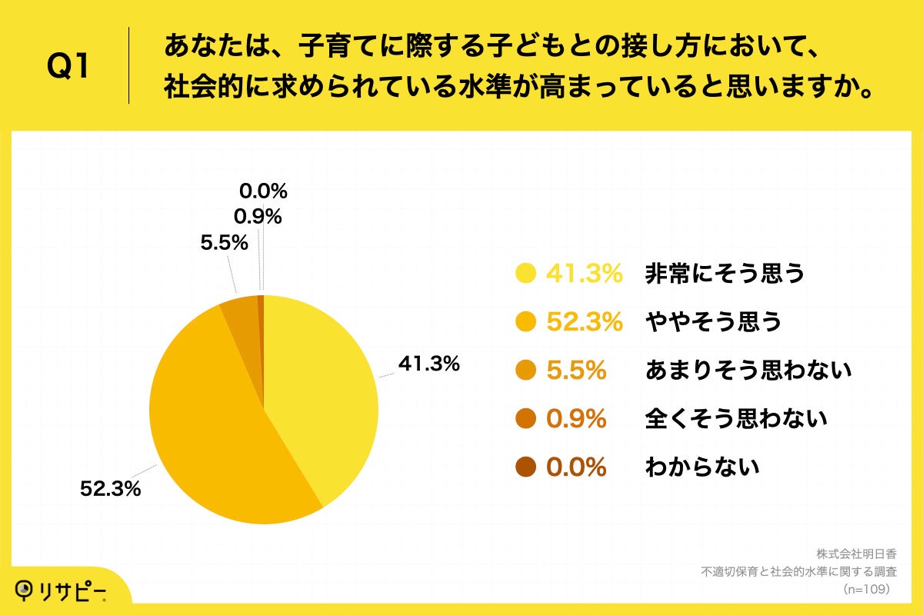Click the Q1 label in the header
[x=68, y=67]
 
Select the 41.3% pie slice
[x=323, y=392]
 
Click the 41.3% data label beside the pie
[x=428, y=364]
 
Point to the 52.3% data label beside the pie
[x=111, y=488]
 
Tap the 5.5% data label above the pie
[x=224, y=244]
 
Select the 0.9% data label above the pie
[x=258, y=217]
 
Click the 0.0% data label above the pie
[x=263, y=191]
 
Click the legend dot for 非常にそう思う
[x=527, y=273]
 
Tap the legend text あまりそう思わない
[x=748, y=371]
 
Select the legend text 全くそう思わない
[x=736, y=419]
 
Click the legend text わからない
[x=701, y=467]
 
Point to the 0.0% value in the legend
[x=576, y=467]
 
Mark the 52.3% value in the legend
[x=584, y=322]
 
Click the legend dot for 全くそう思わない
[x=527, y=419]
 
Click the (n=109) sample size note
[x=866, y=589]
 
